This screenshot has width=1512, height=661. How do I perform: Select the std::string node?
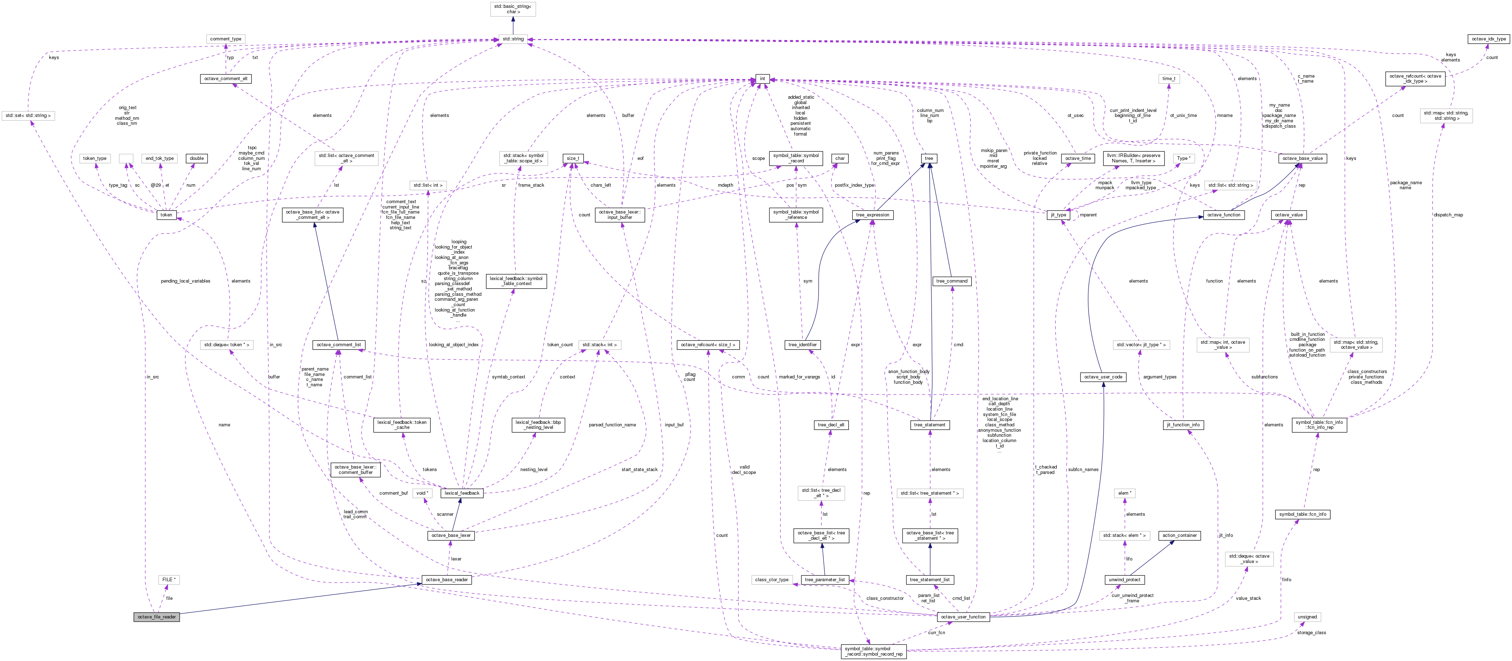click(x=512, y=39)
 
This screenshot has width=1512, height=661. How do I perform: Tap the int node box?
click(x=762, y=79)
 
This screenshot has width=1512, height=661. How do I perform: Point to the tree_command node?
click(x=952, y=281)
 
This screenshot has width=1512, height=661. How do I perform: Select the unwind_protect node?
click(x=1124, y=579)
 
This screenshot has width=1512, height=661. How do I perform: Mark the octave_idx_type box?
click(x=1488, y=39)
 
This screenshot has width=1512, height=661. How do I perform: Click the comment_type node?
click(x=225, y=39)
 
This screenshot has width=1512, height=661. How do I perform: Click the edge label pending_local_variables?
click(x=185, y=281)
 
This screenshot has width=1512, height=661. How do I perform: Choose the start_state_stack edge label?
click(x=639, y=469)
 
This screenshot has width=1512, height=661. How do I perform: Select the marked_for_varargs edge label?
click(x=799, y=377)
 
